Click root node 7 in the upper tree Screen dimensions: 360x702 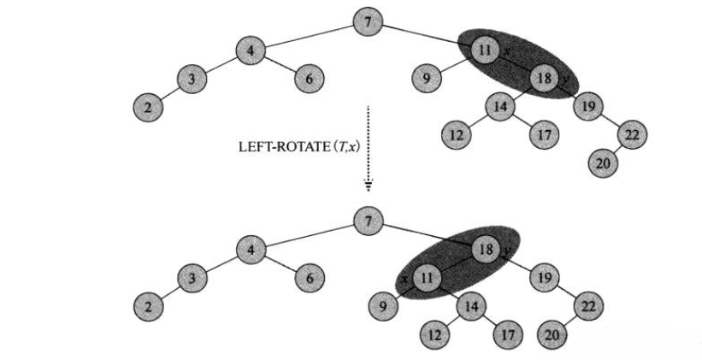tap(368, 22)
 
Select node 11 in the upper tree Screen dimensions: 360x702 tap(484, 51)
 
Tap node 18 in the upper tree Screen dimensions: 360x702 tap(544, 79)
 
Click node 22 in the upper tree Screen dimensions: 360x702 tap(634, 135)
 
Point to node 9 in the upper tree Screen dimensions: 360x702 tap(423, 80)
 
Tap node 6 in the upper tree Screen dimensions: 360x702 tap(308, 80)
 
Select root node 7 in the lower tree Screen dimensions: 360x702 tap(368, 221)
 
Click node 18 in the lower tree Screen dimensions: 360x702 tap(484, 250)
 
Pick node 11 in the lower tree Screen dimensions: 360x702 tap(428, 277)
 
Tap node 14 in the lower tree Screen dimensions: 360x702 tap(469, 305)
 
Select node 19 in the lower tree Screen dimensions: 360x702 tap(542, 277)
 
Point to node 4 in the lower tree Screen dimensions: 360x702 tap(250, 250)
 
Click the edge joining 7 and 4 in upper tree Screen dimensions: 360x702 tap(308, 36)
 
